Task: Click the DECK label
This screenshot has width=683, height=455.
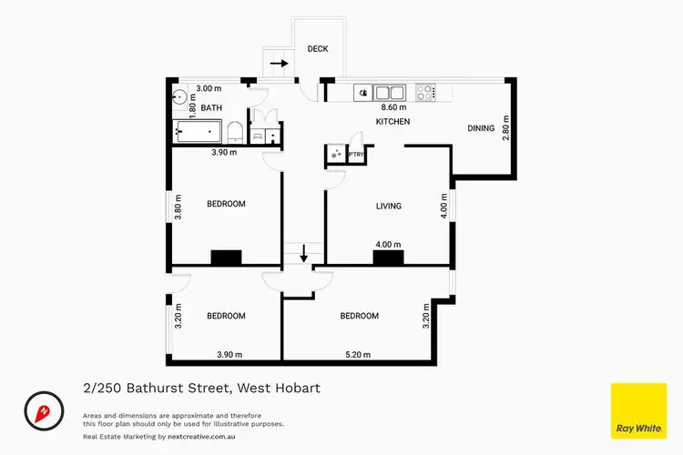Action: tap(317, 49)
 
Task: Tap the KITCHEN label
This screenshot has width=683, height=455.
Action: tap(393, 121)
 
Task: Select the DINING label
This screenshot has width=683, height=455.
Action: tap(481, 128)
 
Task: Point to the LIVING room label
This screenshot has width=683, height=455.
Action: tap(389, 207)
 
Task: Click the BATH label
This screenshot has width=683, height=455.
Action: tap(211, 108)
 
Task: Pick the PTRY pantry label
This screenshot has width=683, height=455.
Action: tap(355, 155)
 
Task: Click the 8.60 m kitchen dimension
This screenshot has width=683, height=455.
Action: tap(393, 106)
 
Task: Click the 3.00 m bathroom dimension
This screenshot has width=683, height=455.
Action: tap(209, 89)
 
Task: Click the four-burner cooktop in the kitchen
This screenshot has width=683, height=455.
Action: tap(425, 91)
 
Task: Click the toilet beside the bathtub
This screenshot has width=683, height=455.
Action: tap(235, 133)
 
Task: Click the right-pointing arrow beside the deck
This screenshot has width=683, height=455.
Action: tap(279, 64)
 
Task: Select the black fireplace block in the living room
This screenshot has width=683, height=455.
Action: tap(388, 258)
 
